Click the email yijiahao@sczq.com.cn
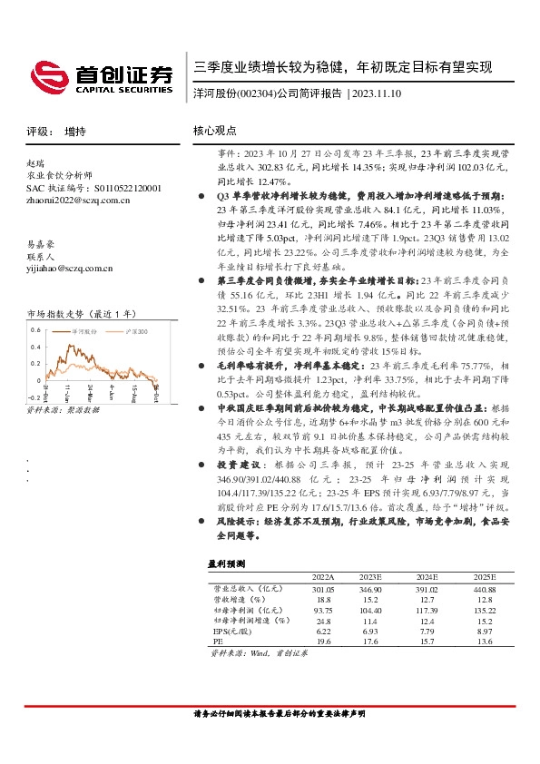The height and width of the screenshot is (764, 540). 69,268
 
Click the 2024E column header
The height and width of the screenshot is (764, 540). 425,576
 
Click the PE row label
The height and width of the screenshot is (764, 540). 217,640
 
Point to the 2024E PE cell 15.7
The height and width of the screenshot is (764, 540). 425,640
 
